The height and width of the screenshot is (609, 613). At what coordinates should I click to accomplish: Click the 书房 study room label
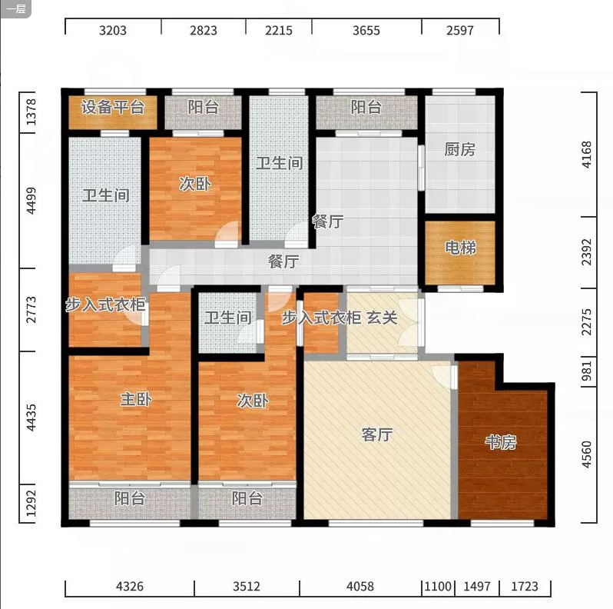pos(501,442)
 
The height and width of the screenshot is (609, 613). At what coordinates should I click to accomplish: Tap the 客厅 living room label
pos(377,434)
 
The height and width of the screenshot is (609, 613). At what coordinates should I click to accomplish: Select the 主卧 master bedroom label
pos(136,399)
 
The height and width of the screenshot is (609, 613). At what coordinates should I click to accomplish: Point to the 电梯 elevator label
pos(461,248)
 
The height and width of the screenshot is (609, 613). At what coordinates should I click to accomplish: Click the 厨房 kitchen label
pos(459,149)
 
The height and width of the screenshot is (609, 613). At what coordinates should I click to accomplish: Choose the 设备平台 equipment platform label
pos(113,107)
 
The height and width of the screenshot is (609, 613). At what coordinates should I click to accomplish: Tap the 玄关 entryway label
pos(382,318)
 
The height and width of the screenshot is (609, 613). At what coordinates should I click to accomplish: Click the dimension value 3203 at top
pos(113,31)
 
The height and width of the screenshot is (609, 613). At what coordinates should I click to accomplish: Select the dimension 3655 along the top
pos(366,31)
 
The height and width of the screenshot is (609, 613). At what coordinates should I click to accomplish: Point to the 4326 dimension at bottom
pos(130,586)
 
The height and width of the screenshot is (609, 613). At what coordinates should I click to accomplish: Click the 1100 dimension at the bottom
pos(438,586)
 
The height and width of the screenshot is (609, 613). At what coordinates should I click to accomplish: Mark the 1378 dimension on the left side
pos(31,112)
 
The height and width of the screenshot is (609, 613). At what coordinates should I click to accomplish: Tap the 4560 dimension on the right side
pos(587,454)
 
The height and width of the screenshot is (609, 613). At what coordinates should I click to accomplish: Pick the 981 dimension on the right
pos(587,371)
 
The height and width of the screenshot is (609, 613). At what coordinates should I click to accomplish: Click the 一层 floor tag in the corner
pos(16,8)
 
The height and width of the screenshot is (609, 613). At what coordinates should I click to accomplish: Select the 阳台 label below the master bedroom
pos(130,498)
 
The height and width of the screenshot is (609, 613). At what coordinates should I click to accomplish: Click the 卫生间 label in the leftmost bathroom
pos(105,195)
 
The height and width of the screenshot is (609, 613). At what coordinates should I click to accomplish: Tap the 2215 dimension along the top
pos(279,31)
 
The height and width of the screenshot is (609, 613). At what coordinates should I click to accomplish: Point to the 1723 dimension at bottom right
pos(525,586)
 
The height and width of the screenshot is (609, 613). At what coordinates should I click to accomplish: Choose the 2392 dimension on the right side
pos(587,252)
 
